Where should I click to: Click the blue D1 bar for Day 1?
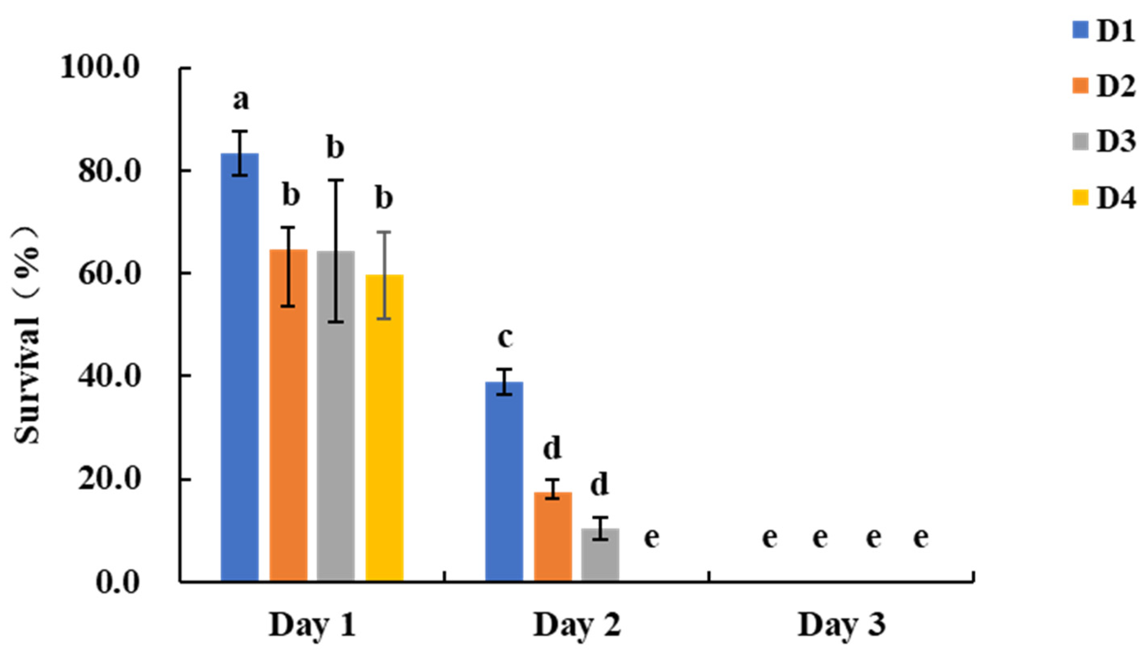pyautogui.click(x=239, y=368)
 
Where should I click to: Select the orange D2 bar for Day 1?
pyautogui.click(x=288, y=416)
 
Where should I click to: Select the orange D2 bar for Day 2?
pyautogui.click(x=553, y=537)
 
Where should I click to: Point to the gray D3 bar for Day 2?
pyautogui.click(x=600, y=555)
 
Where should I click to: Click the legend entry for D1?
pyautogui.click(x=1102, y=32)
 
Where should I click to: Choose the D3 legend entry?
pyautogui.click(x=1102, y=142)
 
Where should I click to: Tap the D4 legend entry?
pyautogui.click(x=1102, y=197)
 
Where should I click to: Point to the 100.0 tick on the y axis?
pyautogui.click(x=100, y=69)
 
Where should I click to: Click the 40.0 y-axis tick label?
pyautogui.click(x=108, y=376)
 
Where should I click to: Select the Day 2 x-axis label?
pyautogui.click(x=576, y=625)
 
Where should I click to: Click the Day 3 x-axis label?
pyautogui.click(x=841, y=625)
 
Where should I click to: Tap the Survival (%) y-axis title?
pyautogui.click(x=28, y=335)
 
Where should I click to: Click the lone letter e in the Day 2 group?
pyautogui.click(x=652, y=538)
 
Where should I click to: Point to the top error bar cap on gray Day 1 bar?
pyautogui.click(x=335, y=180)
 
